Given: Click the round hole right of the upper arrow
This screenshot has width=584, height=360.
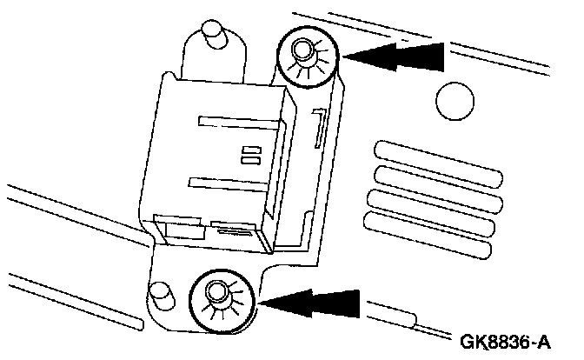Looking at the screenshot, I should click(x=455, y=102).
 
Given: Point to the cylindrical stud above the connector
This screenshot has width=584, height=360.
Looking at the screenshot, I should click(x=211, y=39).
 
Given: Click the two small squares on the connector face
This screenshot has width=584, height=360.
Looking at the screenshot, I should click(x=251, y=155).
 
